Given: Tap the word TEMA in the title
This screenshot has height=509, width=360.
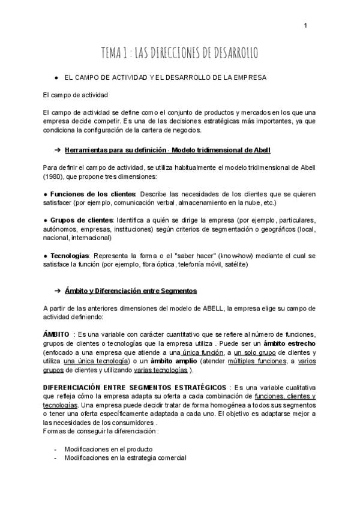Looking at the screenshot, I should click(113, 53).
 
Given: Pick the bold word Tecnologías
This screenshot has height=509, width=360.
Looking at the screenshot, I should click(70, 255).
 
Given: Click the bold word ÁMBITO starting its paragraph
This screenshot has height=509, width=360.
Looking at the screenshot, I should click(56, 334).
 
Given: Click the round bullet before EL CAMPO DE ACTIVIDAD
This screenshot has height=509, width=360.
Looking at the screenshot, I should click(56, 78).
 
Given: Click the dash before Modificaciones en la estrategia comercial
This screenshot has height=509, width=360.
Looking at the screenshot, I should click(56, 457).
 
